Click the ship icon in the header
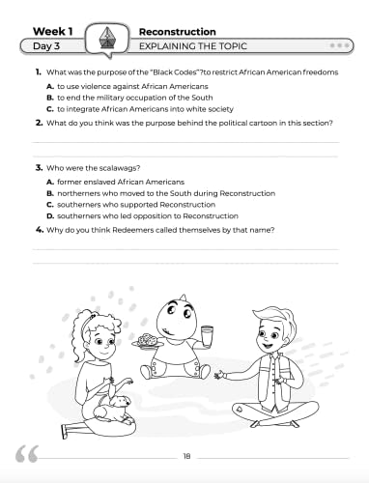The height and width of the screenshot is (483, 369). pyautogui.click(x=106, y=38)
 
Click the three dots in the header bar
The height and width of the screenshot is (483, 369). pyautogui.click(x=339, y=45)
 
